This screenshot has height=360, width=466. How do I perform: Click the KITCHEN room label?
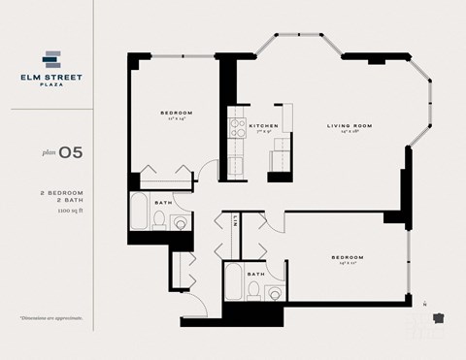(264, 126)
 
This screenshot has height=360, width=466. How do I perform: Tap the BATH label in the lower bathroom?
(255, 275)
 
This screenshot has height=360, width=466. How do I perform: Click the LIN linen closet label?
(236, 221)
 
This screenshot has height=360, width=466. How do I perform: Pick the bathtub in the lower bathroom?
(233, 284)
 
